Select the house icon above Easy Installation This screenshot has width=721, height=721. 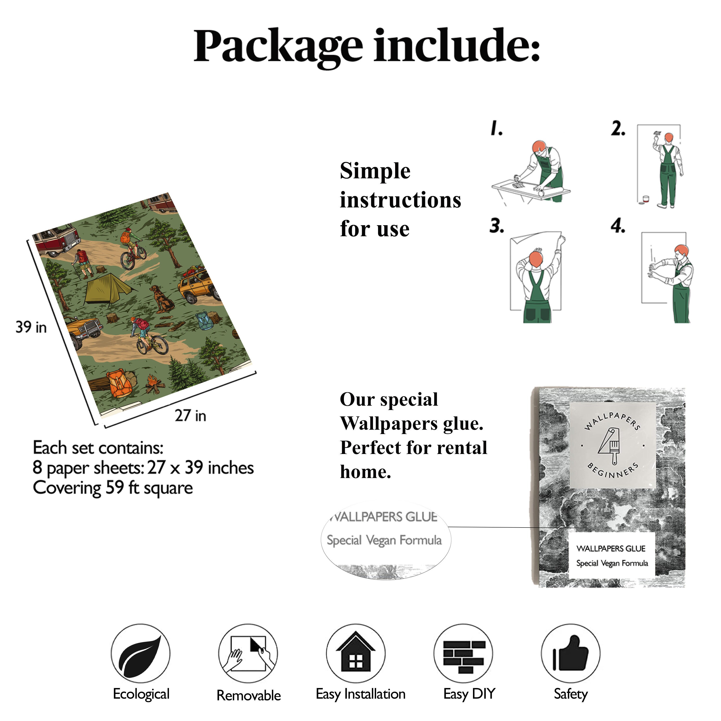(356, 652)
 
